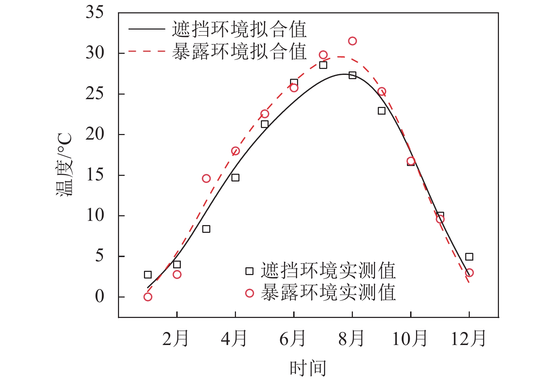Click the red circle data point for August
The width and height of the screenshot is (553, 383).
tap(352, 41)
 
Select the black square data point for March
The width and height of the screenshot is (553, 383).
tap(206, 229)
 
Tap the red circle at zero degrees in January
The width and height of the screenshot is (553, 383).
tap(148, 297)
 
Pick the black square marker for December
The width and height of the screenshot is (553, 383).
tap(469, 257)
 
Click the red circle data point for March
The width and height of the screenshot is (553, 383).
tap(206, 178)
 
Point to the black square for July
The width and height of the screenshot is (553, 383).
tap(323, 65)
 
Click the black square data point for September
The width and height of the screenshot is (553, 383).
tap(382, 111)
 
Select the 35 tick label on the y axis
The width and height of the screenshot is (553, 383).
tap(95, 13)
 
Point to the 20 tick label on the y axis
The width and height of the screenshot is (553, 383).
tap(95, 134)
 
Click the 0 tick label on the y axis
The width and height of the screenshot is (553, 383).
tap(100, 296)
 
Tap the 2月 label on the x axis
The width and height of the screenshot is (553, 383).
tap(176, 338)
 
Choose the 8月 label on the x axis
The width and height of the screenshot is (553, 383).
tap(351, 338)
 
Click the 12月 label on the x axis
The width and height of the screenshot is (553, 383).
tap(468, 338)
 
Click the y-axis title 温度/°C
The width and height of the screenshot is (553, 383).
tap(64, 165)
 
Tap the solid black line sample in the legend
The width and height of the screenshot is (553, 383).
tap(146, 29)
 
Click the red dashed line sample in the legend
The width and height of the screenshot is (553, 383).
tap(146, 51)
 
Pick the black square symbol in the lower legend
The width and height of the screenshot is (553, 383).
tap(249, 271)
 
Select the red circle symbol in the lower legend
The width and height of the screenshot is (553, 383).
tap(249, 293)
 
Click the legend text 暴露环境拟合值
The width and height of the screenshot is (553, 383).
tap(239, 51)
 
